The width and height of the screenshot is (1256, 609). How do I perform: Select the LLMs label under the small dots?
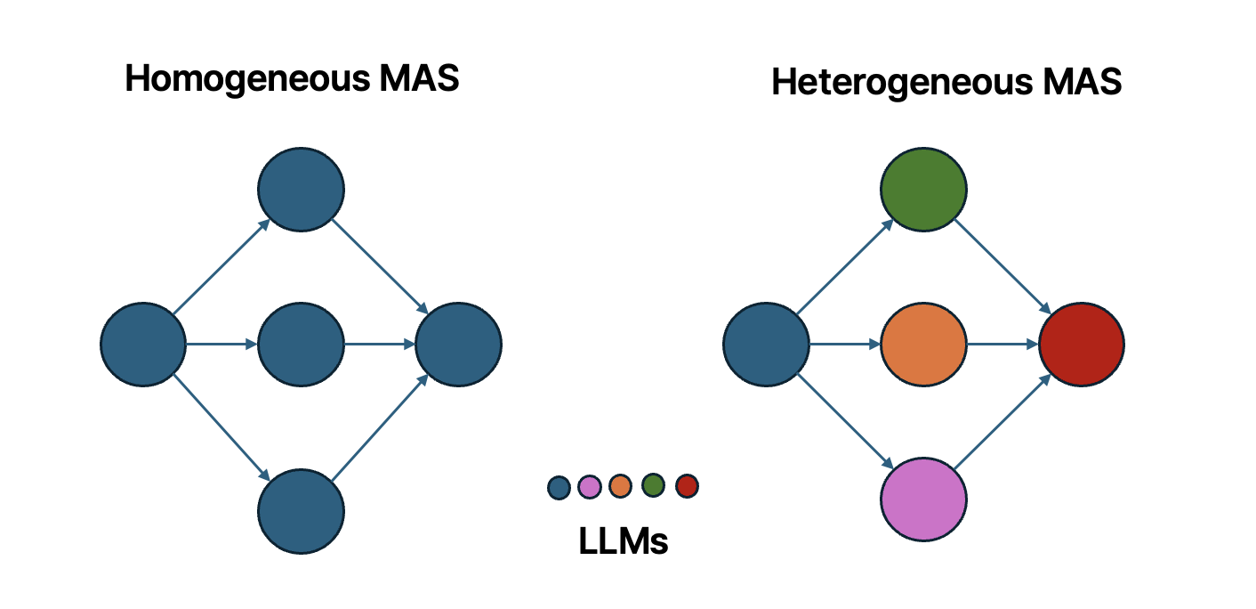click(623, 541)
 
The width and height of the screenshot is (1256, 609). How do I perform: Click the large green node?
click(923, 189)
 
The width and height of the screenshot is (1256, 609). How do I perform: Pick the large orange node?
click(923, 344)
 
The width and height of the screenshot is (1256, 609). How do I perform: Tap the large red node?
click(1082, 344)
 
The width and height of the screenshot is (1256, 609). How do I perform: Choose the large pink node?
click(923, 499)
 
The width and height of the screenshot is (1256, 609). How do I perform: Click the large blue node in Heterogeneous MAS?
click(766, 344)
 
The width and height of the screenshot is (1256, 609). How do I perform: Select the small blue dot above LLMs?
click(559, 487)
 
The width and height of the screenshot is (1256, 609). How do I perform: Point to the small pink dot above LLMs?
click(590, 486)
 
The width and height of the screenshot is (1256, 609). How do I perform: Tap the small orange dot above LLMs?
click(620, 486)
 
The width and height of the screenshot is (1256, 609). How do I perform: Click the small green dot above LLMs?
click(654, 485)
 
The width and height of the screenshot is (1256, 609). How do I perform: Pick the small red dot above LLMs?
click(687, 486)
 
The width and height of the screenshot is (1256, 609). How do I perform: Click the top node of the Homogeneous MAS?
click(301, 189)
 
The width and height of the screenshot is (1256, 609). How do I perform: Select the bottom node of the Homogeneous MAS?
click(301, 511)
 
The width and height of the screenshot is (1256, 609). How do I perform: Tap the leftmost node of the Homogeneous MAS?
click(143, 344)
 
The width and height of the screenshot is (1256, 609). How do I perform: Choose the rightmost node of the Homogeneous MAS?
click(458, 344)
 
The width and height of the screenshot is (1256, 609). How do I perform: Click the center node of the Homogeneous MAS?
click(301, 344)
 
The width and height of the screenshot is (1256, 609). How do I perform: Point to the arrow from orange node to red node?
click(1002, 344)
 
